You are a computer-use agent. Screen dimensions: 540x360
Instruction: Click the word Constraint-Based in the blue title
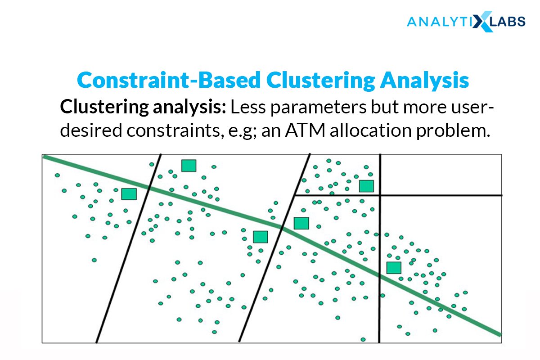(x=169, y=80)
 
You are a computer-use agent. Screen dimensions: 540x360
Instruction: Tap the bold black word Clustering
(x=104, y=107)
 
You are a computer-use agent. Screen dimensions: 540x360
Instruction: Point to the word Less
(x=248, y=107)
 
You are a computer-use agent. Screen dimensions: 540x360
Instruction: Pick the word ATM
(x=305, y=130)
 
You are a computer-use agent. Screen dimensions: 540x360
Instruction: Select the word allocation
(x=370, y=130)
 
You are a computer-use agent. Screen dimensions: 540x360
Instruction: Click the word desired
(x=91, y=130)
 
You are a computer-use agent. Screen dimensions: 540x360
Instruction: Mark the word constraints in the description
(x=175, y=130)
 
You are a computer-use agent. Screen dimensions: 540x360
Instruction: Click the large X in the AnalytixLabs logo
(x=482, y=22)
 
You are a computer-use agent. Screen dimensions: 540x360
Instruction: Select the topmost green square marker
(x=189, y=166)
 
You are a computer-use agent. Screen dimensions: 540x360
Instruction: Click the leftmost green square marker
(x=129, y=194)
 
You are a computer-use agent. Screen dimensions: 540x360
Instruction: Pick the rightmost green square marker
(x=394, y=268)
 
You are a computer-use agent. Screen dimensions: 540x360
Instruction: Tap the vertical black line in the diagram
(x=380, y=248)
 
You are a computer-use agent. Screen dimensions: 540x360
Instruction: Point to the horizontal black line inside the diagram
(x=398, y=195)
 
